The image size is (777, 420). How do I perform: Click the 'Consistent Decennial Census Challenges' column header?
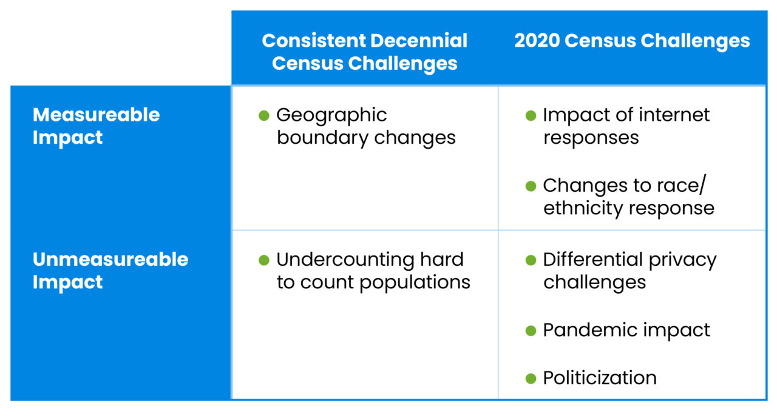coord(364,52)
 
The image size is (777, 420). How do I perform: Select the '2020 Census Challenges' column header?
coord(632,41)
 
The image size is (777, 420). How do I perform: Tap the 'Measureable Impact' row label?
coord(96,126)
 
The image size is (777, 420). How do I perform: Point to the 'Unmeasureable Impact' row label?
coord(110,270)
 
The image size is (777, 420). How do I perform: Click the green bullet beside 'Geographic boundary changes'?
coord(263,115)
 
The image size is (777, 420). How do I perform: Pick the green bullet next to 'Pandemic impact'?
coord(531,331)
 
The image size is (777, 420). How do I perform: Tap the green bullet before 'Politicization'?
coord(531,378)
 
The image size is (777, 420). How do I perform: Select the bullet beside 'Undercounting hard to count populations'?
coord(263,260)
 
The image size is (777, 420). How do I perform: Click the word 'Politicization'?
coord(599,378)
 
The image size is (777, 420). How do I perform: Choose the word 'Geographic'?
coord(331,115)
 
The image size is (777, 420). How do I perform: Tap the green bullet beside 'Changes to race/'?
coord(531,186)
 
